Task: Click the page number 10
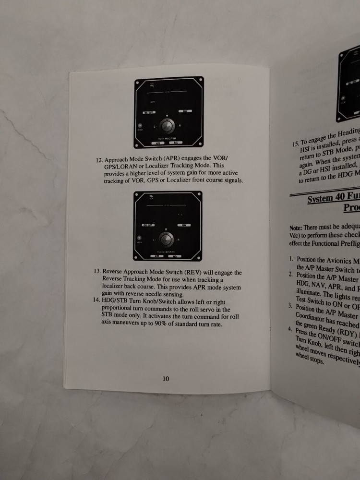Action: tap(166, 379)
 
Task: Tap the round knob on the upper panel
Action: tap(167, 126)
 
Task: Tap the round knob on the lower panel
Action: tap(167, 239)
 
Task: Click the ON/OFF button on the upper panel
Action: tap(149, 112)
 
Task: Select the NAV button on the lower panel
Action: tap(183, 225)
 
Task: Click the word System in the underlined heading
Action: tap(321, 198)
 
